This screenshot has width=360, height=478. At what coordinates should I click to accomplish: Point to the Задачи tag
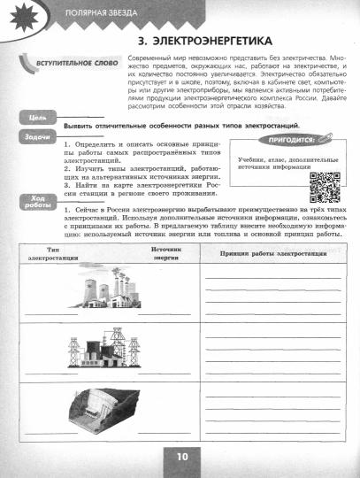(x=38, y=138)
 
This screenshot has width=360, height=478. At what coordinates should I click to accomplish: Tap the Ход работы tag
(x=38, y=204)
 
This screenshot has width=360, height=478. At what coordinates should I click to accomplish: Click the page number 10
(x=180, y=457)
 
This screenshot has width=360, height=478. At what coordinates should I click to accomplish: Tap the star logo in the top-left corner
(x=19, y=15)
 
